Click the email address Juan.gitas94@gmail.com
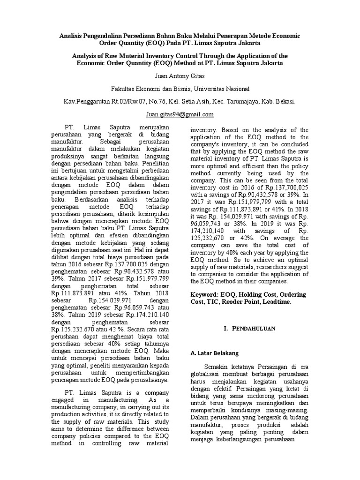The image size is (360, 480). coord(180,114)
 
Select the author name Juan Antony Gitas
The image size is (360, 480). coord(180,75)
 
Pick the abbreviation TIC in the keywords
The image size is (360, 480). coord(209,302)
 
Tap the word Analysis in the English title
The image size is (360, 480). coord(86,55)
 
